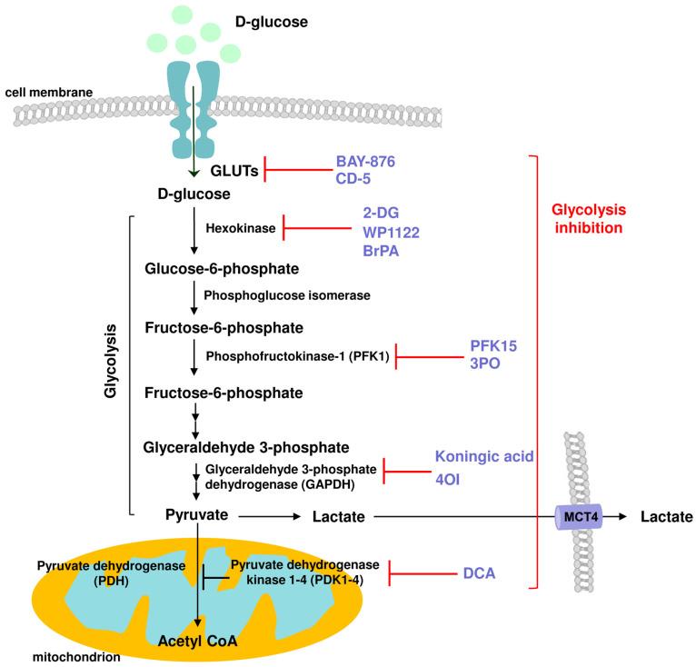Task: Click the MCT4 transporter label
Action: (582, 516)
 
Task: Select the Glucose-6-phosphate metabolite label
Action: (222, 269)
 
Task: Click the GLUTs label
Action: (234, 169)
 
